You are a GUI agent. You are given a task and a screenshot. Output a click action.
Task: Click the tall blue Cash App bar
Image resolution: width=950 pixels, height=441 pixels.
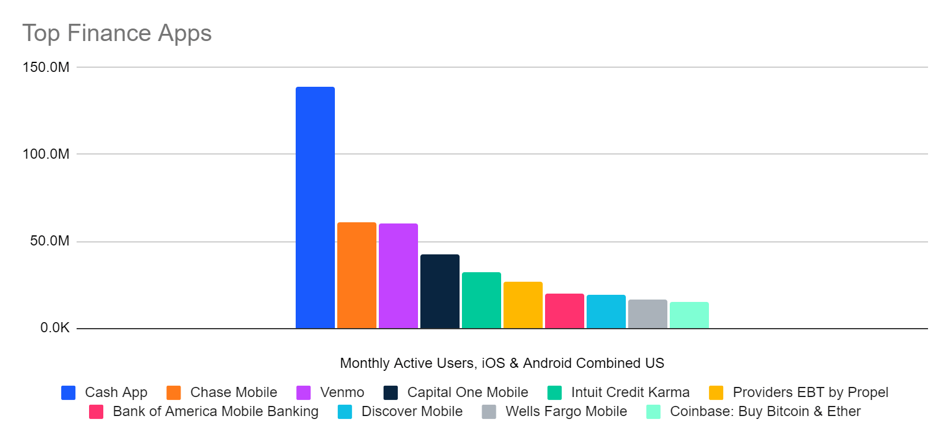[315, 208]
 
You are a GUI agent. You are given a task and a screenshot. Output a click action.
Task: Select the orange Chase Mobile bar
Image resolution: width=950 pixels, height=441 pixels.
[356, 275]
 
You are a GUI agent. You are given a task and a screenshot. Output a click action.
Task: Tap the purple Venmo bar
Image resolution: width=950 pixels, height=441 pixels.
[398, 276]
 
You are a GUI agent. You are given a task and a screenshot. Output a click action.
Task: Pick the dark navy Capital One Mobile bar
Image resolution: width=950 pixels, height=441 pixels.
[439, 291]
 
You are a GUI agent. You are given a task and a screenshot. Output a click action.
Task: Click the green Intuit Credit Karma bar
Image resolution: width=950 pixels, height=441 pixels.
[481, 300]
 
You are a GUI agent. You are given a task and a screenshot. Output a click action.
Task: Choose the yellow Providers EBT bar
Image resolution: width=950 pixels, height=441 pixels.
[522, 305]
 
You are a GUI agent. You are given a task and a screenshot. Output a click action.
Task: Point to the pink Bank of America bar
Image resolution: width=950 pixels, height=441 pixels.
[564, 311]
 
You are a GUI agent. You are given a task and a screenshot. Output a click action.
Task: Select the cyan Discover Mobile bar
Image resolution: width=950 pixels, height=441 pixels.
[606, 311]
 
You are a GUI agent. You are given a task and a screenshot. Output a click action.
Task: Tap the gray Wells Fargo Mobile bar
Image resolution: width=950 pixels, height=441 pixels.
[647, 314]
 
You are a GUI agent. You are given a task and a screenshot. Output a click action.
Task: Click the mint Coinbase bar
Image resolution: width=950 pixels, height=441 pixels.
[689, 315]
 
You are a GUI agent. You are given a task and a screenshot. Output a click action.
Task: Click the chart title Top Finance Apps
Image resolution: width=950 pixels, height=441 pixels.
[117, 33]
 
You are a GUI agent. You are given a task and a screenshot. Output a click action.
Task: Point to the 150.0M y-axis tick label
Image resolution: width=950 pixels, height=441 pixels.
[46, 67]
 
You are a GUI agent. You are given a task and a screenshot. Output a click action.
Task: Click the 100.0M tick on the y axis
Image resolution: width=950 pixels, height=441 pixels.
[46, 154]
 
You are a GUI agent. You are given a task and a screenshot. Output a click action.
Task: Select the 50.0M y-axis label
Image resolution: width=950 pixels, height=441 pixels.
[50, 241]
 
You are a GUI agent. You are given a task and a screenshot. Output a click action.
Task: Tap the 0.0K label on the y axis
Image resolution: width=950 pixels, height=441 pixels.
[55, 327]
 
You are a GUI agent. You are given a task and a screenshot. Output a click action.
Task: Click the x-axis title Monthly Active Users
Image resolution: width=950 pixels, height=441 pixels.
[502, 363]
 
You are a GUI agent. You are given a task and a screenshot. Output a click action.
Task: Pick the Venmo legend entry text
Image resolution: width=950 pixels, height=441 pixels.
[342, 392]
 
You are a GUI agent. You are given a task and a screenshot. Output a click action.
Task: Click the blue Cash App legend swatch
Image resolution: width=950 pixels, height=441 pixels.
[68, 393]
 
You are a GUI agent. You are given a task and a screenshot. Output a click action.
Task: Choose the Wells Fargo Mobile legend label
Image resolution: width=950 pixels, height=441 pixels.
[566, 411]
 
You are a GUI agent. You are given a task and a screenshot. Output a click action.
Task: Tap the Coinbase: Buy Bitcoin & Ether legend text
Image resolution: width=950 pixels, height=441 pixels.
[765, 411]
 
